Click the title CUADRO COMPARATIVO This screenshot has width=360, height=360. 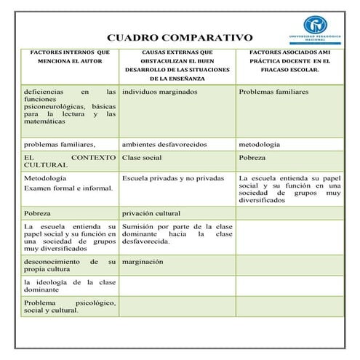pos(180,37)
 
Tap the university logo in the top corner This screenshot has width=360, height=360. pos(314,28)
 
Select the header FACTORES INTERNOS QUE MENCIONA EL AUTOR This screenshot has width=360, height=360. pos(69,57)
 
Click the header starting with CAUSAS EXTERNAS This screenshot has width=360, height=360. pos(178,65)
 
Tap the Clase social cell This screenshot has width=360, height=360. pos(142,157)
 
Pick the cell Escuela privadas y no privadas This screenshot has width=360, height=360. pos(173,177)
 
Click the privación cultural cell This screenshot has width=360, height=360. pos(151,214)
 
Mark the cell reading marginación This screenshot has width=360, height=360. pos(143,261)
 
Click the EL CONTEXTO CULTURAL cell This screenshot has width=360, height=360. pos(69,161)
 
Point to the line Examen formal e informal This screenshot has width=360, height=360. pos(68,188)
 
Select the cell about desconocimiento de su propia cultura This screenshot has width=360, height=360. pos(69,265)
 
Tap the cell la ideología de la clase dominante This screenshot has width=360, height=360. pos(69,285)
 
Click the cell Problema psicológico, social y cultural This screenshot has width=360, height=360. pos(69,306)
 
